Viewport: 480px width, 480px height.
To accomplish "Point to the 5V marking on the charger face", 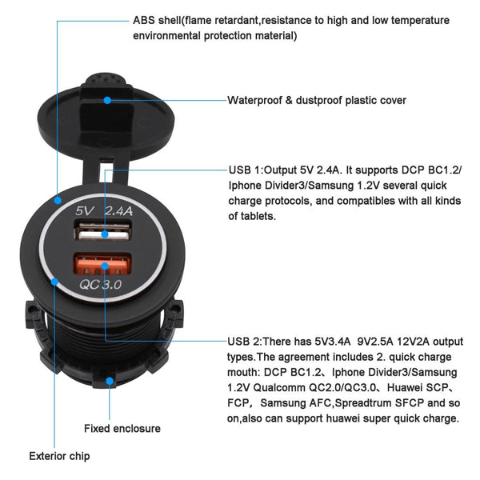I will pos(86,213).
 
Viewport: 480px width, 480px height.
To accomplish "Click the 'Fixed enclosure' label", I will pos(122,429).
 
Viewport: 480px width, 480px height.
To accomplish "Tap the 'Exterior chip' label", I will pos(59,457).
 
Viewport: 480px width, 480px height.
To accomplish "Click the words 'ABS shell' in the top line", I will pos(158,20).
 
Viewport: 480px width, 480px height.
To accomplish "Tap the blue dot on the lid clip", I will pos(109,100).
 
